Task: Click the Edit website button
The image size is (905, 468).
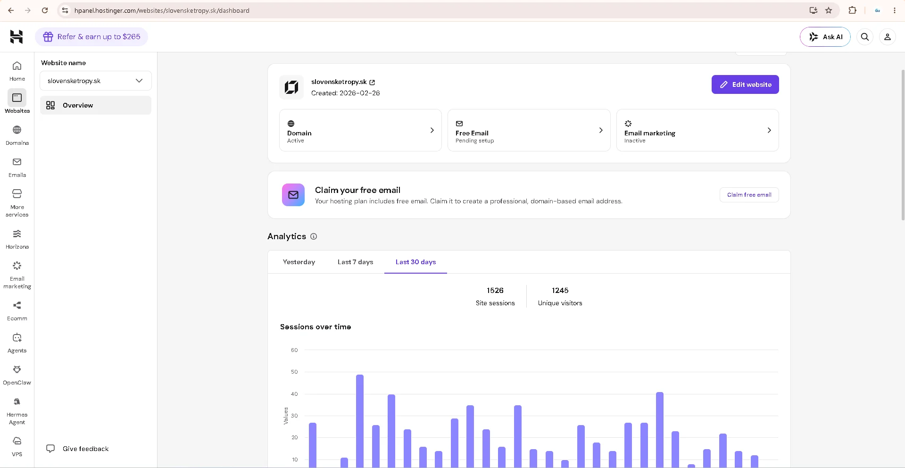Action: tap(745, 84)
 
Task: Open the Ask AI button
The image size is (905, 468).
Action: tap(825, 37)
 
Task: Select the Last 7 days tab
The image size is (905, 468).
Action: tap(355, 262)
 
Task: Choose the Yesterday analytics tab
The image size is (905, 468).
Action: tap(299, 262)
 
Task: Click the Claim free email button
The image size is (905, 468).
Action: tap(749, 195)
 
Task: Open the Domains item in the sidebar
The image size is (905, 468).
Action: tap(17, 135)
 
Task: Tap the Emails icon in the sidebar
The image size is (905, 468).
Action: tap(17, 162)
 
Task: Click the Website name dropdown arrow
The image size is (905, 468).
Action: tap(139, 81)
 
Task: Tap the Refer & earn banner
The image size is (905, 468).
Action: tap(91, 37)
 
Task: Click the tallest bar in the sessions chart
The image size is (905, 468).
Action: tap(360, 421)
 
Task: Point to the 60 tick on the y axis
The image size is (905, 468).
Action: tap(294, 350)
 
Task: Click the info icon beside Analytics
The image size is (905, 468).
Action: tap(314, 236)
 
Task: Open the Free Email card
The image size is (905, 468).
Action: tap(529, 130)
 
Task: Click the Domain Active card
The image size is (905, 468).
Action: tap(360, 130)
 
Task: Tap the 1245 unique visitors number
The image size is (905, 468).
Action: tap(560, 291)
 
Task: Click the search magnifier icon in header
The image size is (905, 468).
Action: tap(865, 37)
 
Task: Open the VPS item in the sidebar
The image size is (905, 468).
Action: tap(17, 447)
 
